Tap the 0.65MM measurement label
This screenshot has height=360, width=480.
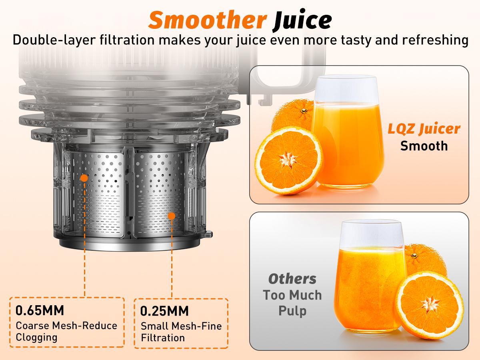40,310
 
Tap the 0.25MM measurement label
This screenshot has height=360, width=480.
164,311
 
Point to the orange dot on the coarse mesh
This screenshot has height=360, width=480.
84,178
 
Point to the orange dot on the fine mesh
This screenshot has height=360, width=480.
172,216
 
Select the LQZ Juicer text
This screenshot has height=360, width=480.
423,129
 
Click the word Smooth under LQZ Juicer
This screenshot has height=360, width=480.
424,145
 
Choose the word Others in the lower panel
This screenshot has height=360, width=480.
292,278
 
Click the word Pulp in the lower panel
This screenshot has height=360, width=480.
292,312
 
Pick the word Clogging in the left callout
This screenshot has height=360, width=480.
36,337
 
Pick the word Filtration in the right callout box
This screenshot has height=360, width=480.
163,338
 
